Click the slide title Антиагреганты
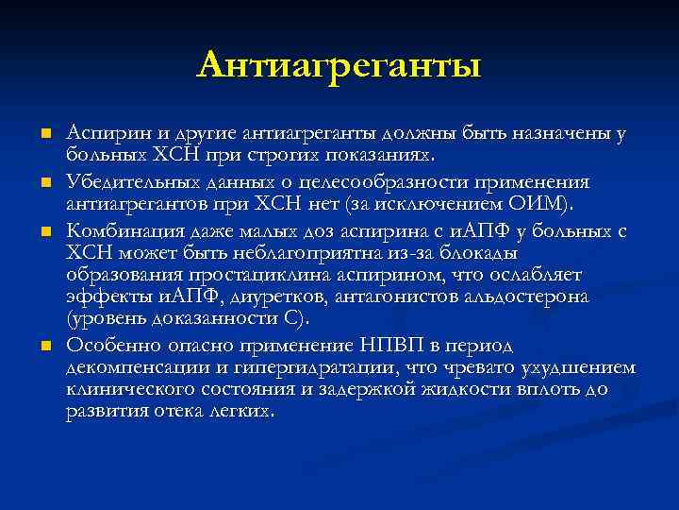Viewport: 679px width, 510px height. (339, 65)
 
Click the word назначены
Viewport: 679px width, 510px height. (566, 133)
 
